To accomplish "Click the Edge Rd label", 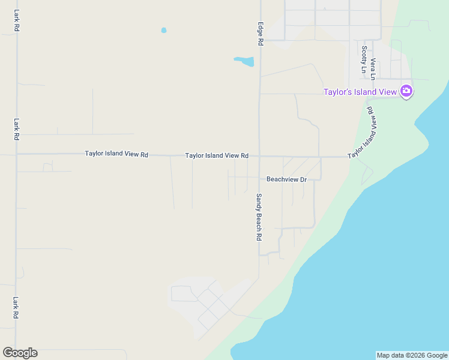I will pyautogui.click(x=261, y=34).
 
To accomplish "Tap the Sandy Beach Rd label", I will pyautogui.click(x=259, y=217).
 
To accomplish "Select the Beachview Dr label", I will pyautogui.click(x=286, y=179).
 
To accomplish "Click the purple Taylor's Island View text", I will pyautogui.click(x=360, y=92).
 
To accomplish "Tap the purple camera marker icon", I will pyautogui.click(x=406, y=91).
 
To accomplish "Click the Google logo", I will pyautogui.click(x=20, y=353).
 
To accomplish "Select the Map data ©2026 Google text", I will pyautogui.click(x=411, y=355).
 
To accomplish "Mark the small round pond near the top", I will pyautogui.click(x=164, y=30).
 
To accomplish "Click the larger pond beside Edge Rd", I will pyautogui.click(x=245, y=61).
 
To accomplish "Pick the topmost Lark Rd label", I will pyautogui.click(x=16, y=20).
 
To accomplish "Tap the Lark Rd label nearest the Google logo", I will pyautogui.click(x=16, y=308).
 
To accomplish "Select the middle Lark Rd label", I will pyautogui.click(x=16, y=129).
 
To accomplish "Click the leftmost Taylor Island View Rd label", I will pyautogui.click(x=116, y=154).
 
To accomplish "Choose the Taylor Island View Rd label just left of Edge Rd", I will pyautogui.click(x=217, y=155).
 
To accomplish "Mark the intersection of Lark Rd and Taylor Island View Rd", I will pyautogui.click(x=17, y=154).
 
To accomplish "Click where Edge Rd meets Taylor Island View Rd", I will pyautogui.click(x=260, y=156).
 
